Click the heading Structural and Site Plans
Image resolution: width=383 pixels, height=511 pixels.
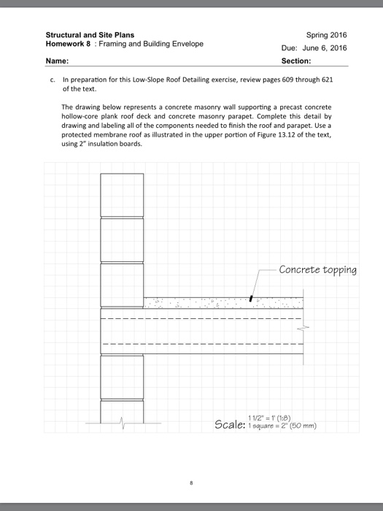(90, 34)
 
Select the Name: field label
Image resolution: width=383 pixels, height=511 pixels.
(57, 61)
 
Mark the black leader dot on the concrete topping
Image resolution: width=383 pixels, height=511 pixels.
(250, 299)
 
